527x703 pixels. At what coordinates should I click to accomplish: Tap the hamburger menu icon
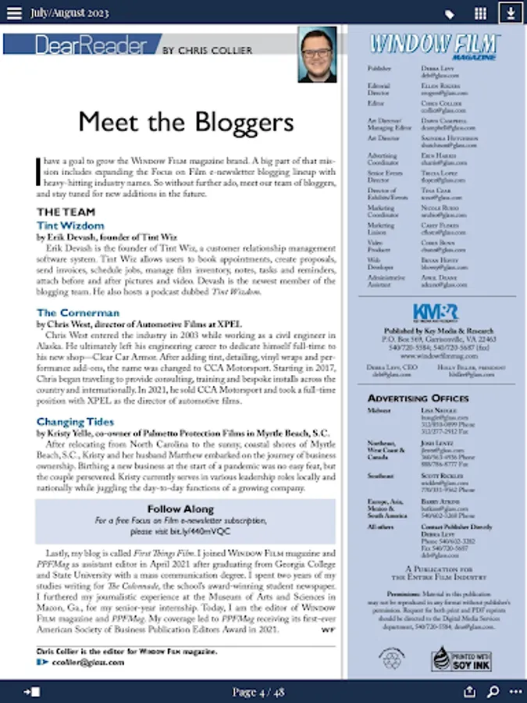point(14,13)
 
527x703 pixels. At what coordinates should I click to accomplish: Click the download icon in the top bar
point(511,13)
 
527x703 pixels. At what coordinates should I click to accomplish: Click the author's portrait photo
point(318,55)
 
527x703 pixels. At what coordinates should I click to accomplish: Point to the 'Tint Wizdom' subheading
point(70,226)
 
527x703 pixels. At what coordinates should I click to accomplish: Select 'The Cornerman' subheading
point(78,312)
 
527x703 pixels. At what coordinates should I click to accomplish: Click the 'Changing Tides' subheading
point(75,422)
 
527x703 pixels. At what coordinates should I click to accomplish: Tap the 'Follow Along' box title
point(186,509)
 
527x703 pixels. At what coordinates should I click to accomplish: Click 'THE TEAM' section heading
point(66,212)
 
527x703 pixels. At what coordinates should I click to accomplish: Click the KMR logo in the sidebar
point(435,311)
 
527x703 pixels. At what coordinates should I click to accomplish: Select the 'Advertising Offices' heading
point(418,398)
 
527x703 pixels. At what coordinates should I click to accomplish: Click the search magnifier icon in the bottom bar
point(493,691)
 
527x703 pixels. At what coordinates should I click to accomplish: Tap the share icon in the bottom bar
point(469,691)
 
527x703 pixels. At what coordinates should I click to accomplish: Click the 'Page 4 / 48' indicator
point(258,691)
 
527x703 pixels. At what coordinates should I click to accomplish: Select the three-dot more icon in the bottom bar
point(515,691)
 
